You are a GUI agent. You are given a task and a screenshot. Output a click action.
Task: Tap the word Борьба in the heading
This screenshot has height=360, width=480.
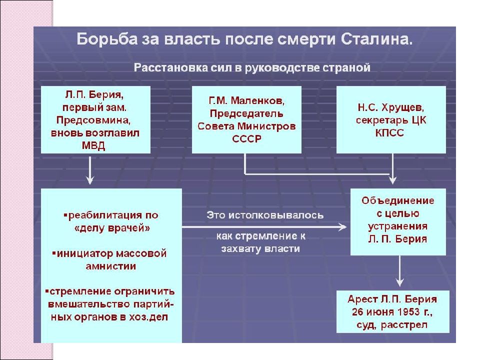[x=107, y=39]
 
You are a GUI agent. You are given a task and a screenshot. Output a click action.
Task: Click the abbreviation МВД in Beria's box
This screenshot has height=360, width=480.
[x=93, y=145]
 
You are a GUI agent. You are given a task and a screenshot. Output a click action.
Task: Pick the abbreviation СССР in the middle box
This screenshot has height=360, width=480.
[x=246, y=138]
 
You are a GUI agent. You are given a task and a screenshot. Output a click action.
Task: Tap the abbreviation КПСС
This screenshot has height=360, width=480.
[x=389, y=132]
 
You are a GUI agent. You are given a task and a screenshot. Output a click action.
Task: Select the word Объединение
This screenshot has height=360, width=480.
[x=397, y=200]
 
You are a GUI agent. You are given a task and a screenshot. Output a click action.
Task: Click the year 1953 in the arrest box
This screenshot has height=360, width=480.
[x=408, y=311]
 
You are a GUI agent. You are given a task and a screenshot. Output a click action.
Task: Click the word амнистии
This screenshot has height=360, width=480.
[x=111, y=266]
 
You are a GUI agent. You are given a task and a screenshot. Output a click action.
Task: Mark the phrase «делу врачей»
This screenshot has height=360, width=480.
[x=112, y=228]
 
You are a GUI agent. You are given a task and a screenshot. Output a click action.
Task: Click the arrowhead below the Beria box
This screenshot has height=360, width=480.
[x=89, y=180]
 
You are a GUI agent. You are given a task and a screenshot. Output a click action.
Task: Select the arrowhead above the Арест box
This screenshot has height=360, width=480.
[x=400, y=282]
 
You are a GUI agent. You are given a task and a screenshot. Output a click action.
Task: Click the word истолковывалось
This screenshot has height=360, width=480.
[x=276, y=215]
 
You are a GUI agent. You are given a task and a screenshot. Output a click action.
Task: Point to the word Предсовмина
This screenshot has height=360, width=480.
[x=93, y=120]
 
